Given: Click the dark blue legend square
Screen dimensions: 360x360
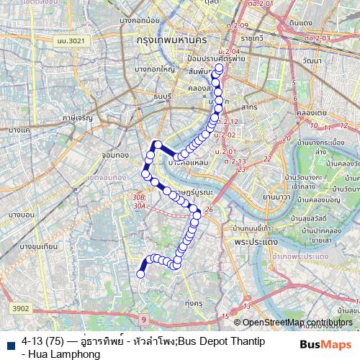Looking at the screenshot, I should coord(9,341).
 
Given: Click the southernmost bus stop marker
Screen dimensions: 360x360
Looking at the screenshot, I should coord(141,274).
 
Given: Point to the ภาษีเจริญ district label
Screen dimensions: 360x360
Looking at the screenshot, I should coord(78,116).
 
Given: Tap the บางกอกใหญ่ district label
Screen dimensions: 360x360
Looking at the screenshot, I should coord(155,69).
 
